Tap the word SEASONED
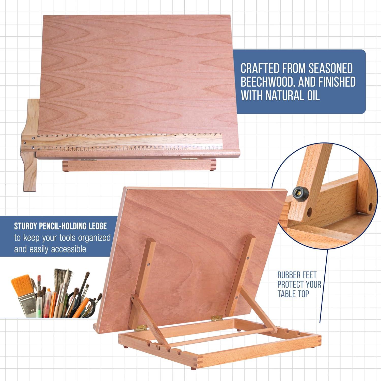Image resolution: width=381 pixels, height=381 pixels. coord(331,69)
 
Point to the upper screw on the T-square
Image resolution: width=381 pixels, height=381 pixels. coord(33,138)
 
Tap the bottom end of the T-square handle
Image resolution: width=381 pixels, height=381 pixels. coord(29,189)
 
